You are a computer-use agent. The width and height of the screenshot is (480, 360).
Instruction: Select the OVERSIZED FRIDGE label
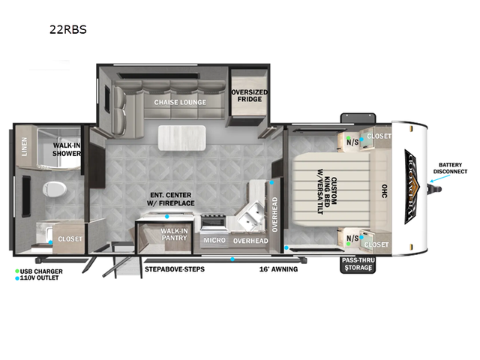click(248, 97)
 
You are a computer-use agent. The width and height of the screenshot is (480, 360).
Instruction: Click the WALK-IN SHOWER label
click(66, 149)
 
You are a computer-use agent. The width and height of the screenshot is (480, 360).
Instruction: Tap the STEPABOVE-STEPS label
click(174, 268)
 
